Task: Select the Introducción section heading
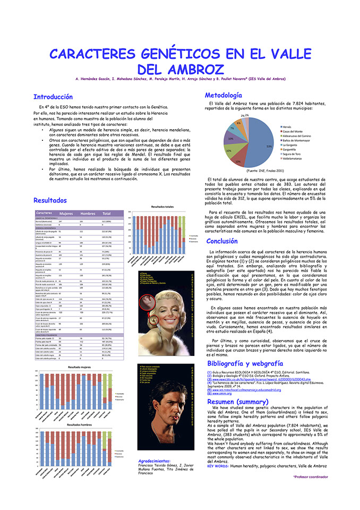[x=53, y=97]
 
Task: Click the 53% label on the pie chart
[x=269, y=146]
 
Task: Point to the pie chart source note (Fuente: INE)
[x=265, y=171]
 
